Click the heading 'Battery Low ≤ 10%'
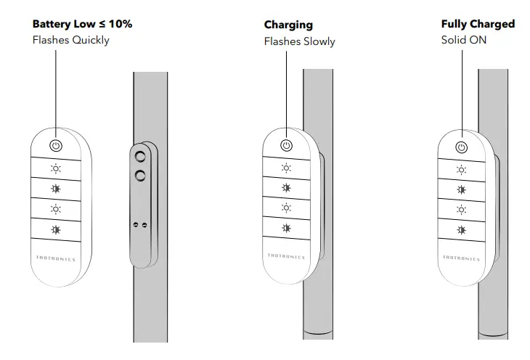click(x=82, y=24)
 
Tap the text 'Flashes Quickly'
click(x=70, y=40)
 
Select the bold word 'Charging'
click(x=288, y=25)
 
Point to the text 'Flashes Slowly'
click(x=299, y=41)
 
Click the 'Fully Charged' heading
click(x=478, y=24)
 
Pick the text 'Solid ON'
click(x=464, y=40)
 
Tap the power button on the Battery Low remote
click(x=56, y=146)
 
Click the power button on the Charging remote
click(x=286, y=147)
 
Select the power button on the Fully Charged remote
click(x=461, y=148)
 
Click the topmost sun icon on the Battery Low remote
click(x=56, y=168)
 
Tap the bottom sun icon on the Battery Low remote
click(x=56, y=230)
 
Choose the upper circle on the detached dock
click(x=140, y=156)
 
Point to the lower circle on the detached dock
click(x=140, y=174)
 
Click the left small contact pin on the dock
click(x=136, y=225)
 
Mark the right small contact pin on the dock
click(x=144, y=225)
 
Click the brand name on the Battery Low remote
click(x=56, y=258)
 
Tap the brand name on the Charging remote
click(x=287, y=256)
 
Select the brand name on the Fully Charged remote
click(x=461, y=257)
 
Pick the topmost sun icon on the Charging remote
click(x=286, y=168)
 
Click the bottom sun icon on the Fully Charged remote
click(x=461, y=230)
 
